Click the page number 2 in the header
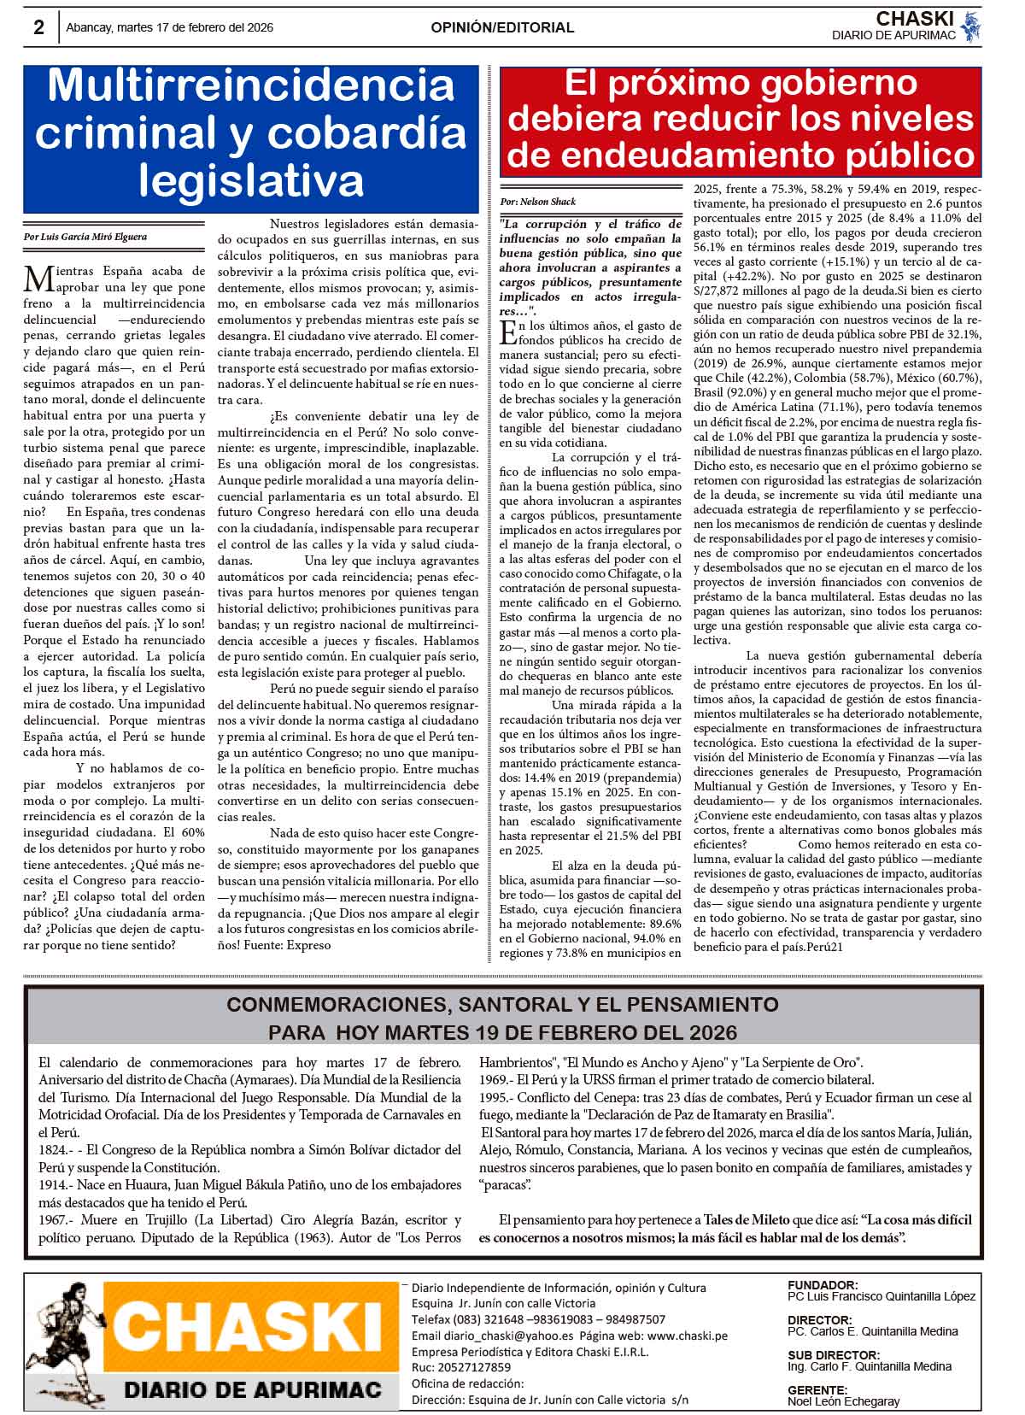(38, 27)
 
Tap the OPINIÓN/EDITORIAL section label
(502, 27)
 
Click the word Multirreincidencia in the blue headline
(251, 86)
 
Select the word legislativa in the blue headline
(251, 179)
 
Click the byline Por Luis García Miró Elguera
(85, 237)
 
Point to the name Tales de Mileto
(747, 1220)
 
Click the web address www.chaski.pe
(688, 1336)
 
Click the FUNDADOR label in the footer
(822, 1284)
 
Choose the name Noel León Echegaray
(843, 1401)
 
